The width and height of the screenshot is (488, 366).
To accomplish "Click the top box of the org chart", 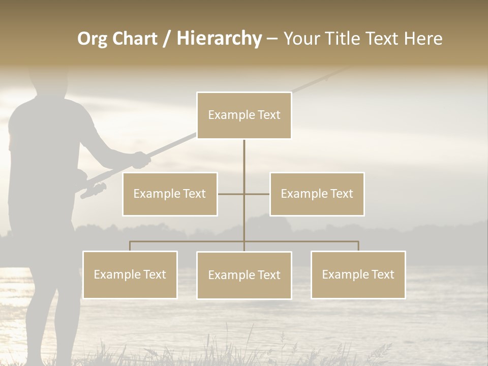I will (244, 115).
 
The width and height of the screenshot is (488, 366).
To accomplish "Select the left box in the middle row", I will (170, 194).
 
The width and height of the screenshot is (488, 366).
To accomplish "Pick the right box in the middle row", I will (317, 194).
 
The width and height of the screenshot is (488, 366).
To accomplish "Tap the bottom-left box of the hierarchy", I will (130, 275).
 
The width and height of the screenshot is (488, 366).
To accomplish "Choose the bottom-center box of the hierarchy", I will (244, 276).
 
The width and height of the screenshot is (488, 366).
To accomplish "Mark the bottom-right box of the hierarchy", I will (358, 275).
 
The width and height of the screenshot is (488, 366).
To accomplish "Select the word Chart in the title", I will (134, 39).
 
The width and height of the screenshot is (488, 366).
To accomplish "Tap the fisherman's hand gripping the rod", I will (141, 160).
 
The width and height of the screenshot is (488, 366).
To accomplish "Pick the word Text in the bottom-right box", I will (383, 275).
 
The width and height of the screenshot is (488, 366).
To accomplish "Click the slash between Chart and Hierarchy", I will (167, 39).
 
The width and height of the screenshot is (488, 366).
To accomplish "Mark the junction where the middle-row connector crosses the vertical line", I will (244, 194).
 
